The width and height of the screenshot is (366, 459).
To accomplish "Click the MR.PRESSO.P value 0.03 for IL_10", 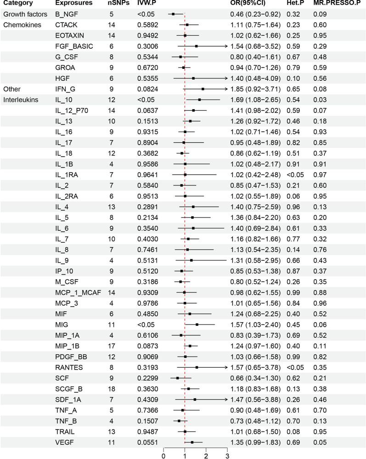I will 320,99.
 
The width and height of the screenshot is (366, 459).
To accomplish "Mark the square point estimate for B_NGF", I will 173,14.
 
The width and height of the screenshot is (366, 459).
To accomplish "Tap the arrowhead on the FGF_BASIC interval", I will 226,46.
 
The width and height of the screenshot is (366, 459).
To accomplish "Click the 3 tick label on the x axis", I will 227,455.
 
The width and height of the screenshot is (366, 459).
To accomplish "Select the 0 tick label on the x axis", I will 163,455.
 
